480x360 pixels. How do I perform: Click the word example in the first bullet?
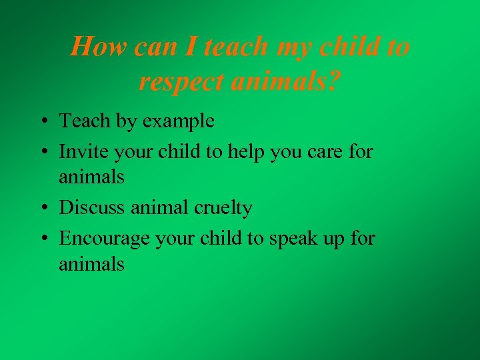click(181, 121)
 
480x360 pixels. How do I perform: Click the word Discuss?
click(90, 208)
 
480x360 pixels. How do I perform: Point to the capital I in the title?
click(192, 47)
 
